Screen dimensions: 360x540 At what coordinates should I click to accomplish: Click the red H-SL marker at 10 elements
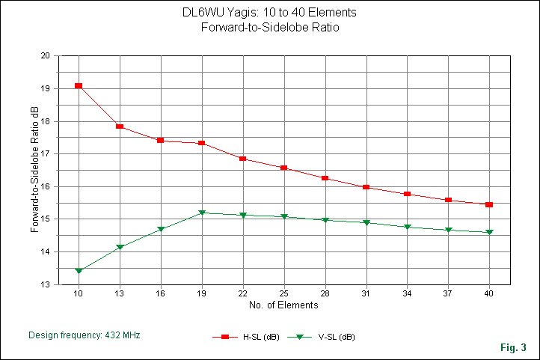79,86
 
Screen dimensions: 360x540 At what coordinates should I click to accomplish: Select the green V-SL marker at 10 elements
79,271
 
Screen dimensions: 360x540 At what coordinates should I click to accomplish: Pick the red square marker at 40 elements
489,204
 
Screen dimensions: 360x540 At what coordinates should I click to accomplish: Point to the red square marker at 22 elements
243,159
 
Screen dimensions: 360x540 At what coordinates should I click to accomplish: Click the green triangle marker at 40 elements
489,232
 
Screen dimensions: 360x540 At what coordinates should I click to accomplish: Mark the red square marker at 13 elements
120,126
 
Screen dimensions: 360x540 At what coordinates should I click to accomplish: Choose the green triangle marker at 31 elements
366,222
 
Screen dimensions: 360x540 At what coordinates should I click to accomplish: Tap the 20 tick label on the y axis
45,56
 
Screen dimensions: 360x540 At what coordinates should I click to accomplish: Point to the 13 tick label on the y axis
45,285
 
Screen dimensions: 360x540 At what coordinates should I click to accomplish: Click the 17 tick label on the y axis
45,154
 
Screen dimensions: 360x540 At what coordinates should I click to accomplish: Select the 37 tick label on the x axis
448,293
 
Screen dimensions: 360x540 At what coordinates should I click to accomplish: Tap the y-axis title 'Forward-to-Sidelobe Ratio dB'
34,170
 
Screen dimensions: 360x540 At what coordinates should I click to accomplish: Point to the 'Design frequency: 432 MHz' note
84,335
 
